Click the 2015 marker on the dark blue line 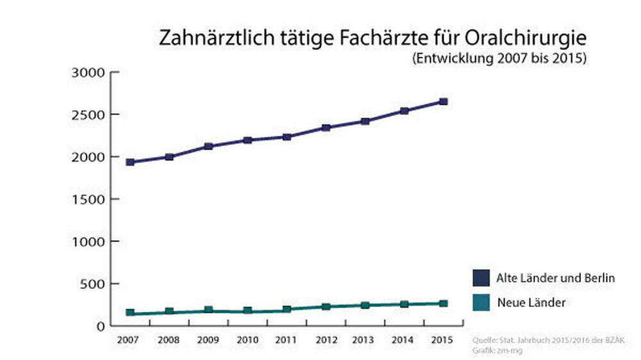click(443, 101)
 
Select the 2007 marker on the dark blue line click(130, 162)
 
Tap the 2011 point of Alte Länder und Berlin click(287, 136)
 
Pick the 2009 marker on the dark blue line click(208, 146)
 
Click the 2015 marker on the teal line click(443, 303)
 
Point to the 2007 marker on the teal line click(130, 313)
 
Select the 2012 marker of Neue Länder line click(326, 307)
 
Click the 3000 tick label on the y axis click(89, 72)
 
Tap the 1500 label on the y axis click(89, 199)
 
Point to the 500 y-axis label click(94, 283)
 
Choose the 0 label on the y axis click(101, 325)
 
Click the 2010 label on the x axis click(247, 339)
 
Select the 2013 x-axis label click(365, 339)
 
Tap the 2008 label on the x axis click(169, 339)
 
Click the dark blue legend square click(481, 278)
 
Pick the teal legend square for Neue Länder click(481, 302)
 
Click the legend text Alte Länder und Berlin click(555, 278)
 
